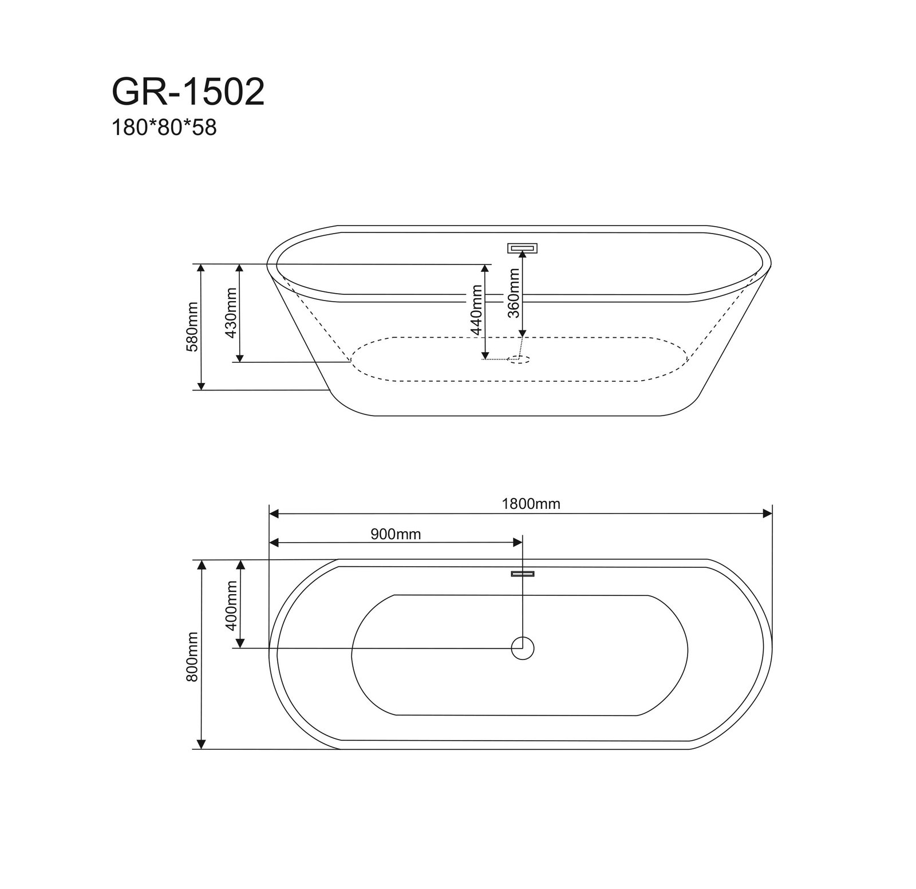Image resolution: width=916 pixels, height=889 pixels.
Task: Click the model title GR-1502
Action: pos(188,92)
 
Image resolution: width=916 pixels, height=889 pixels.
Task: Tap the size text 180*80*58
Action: pos(164,128)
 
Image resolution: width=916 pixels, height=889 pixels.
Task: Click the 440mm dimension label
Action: pos(477,313)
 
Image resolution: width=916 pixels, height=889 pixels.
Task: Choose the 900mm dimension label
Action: pos(396,534)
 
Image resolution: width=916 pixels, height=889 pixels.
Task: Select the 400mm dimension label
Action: pos(231,605)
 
